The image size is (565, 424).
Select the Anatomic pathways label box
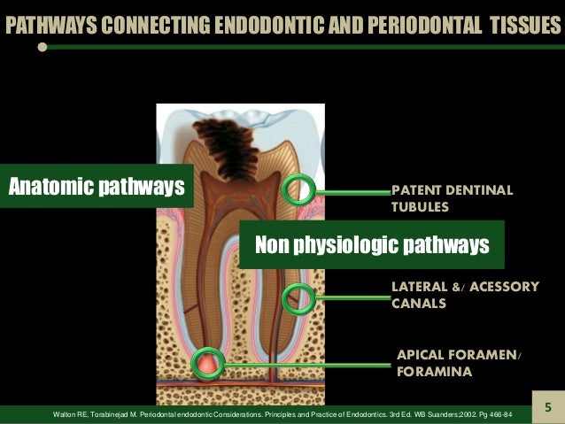97,186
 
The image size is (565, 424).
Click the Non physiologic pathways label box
372,244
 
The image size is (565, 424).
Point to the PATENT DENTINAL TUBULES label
452,199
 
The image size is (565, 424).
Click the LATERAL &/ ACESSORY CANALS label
464,294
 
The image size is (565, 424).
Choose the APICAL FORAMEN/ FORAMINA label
459,364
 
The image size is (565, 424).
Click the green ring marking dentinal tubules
298,189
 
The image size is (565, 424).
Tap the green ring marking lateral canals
298,299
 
